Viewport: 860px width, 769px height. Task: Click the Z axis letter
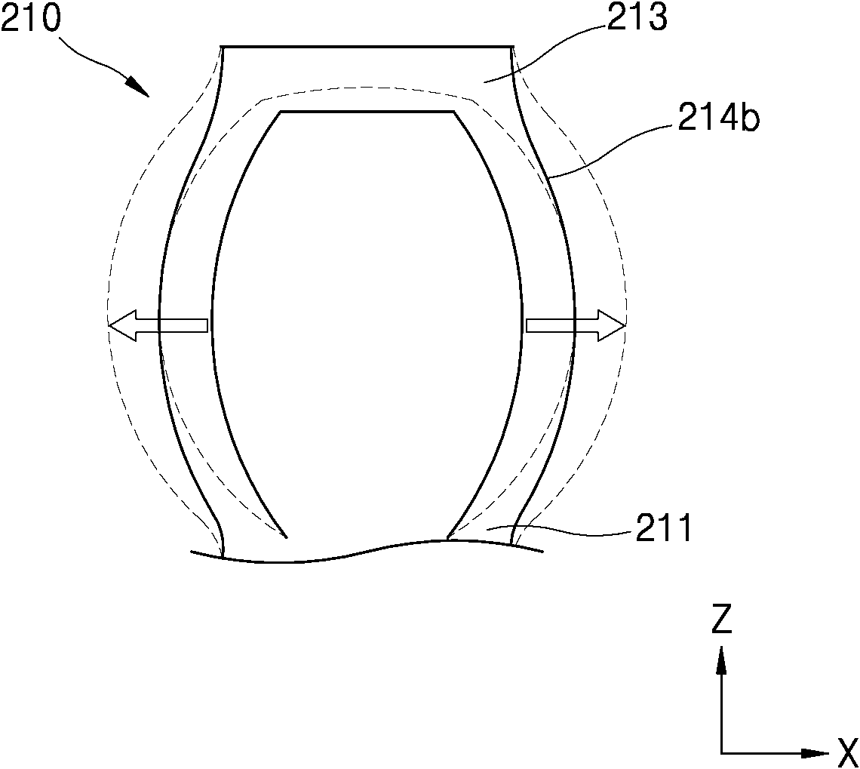click(722, 618)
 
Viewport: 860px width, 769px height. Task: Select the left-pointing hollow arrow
click(158, 325)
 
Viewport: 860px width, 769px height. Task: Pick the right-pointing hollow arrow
click(576, 325)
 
